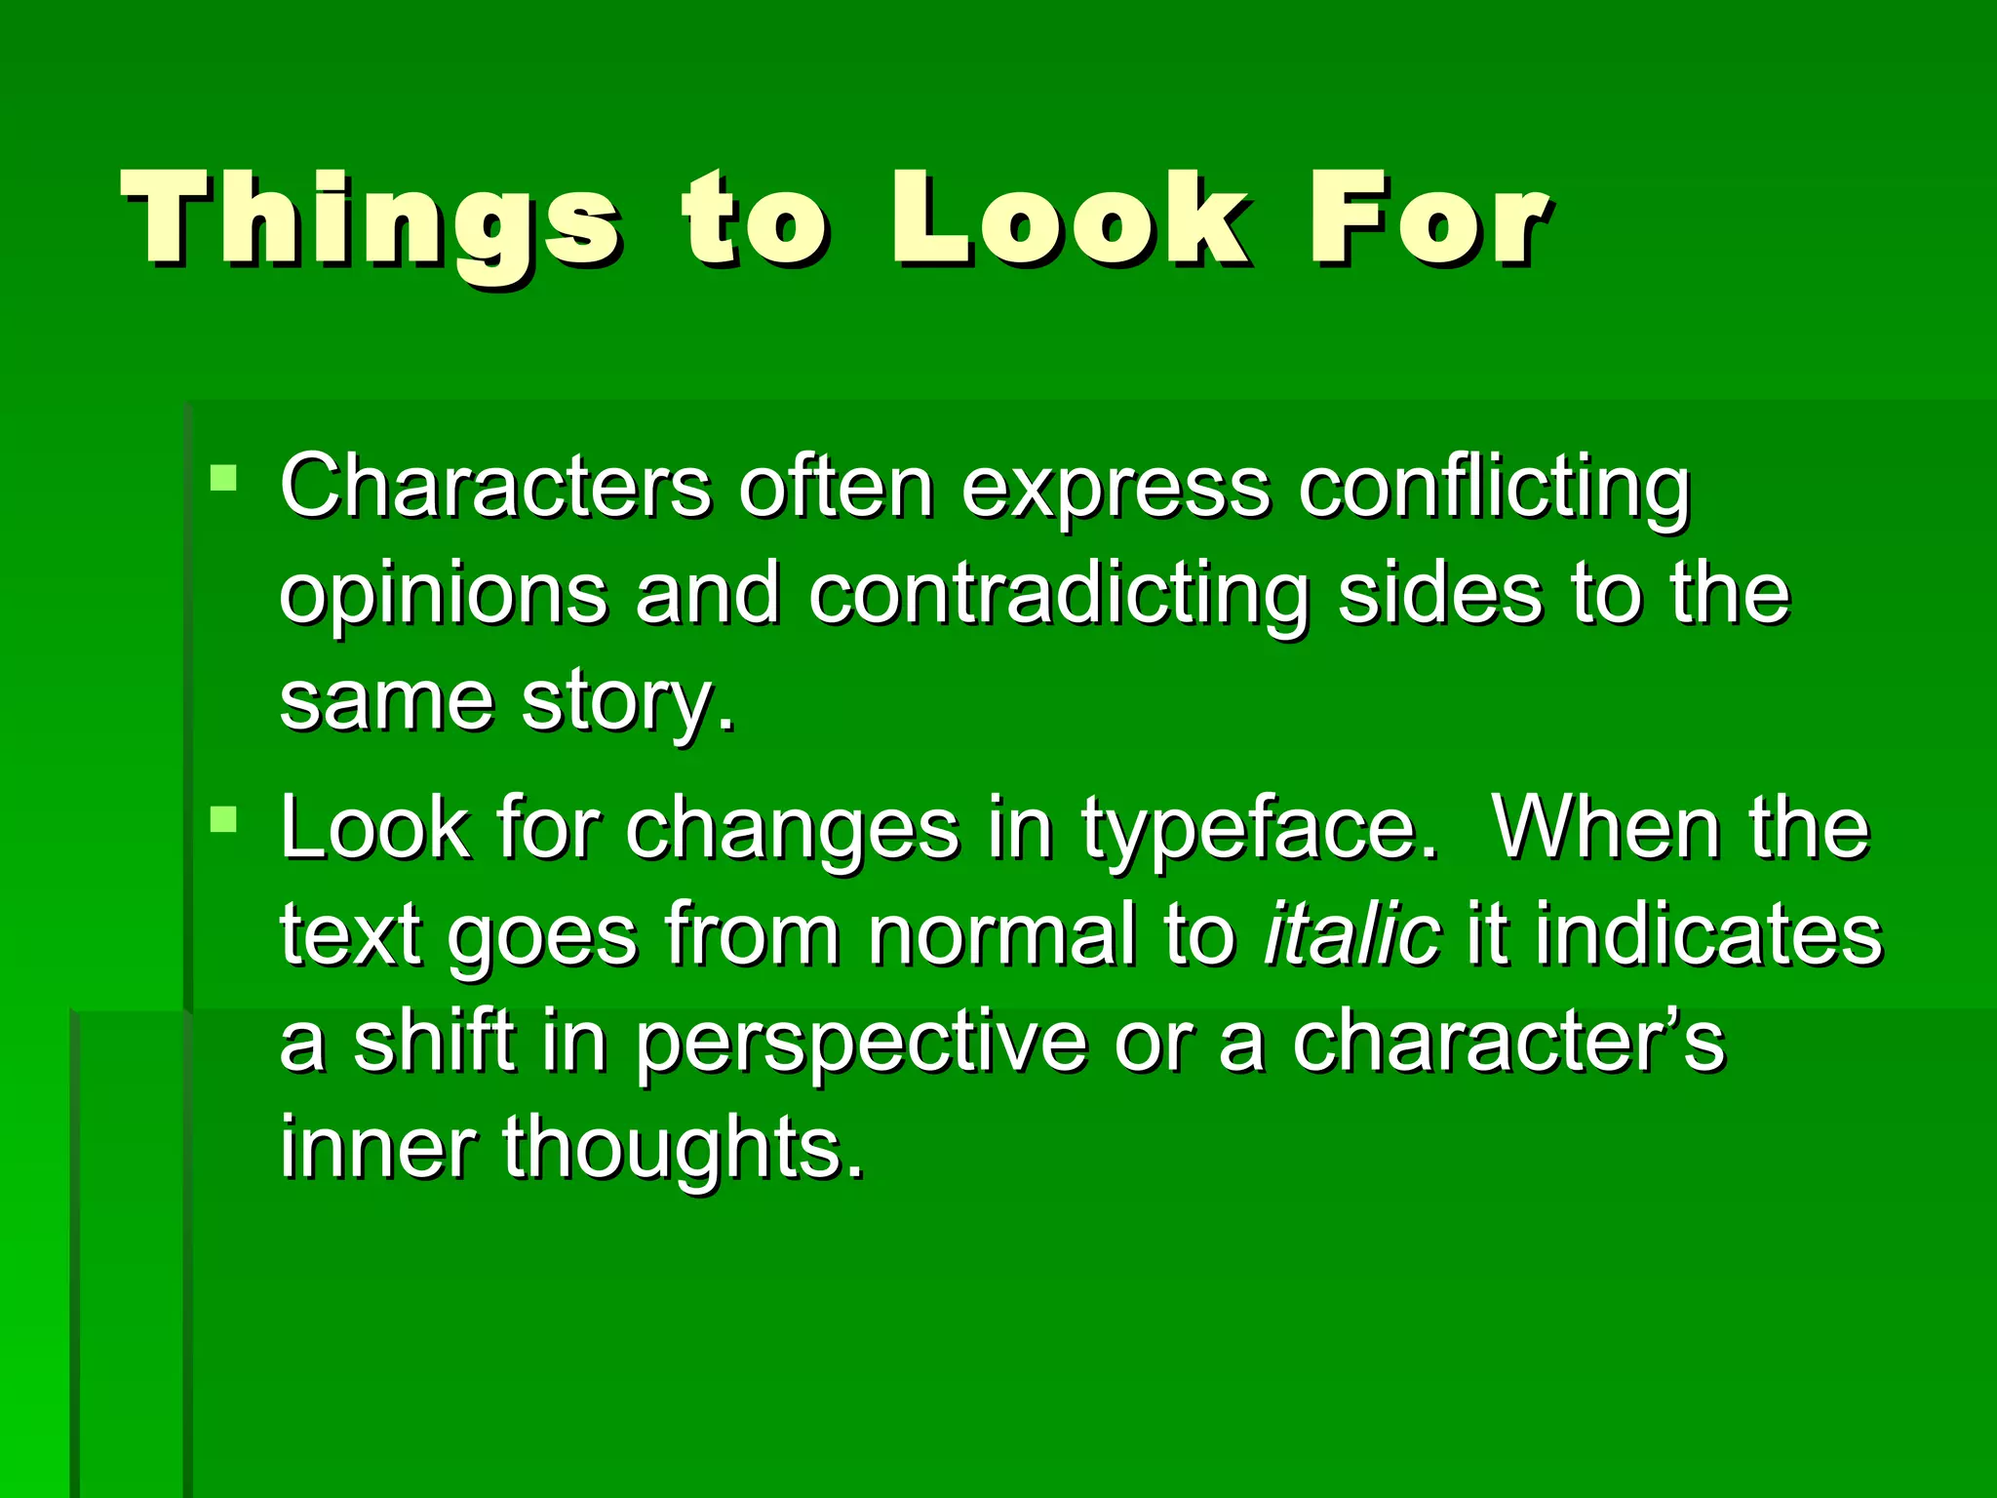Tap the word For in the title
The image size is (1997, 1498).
[1428, 220]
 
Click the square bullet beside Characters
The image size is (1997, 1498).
[223, 477]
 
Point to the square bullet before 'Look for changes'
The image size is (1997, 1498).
[223, 818]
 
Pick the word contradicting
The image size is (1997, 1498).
[1059, 595]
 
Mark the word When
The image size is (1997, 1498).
[1606, 828]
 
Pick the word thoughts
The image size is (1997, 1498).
[683, 1151]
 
